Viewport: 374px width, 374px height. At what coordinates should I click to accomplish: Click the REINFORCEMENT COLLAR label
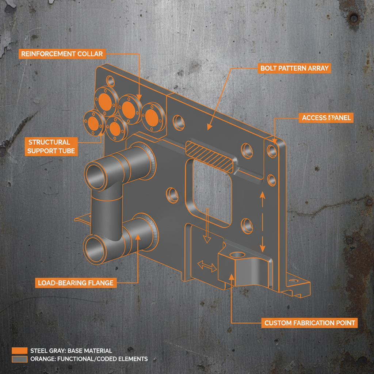pos(62,54)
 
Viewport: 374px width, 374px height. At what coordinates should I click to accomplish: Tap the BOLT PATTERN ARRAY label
pos(294,68)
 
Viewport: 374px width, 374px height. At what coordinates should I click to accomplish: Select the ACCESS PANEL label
pos(326,118)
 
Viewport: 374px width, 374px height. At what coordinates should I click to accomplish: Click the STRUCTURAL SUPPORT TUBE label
pos(51,146)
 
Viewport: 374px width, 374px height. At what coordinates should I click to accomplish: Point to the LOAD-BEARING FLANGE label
pos(76,283)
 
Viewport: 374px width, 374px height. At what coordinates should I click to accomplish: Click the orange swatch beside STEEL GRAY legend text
pos(20,351)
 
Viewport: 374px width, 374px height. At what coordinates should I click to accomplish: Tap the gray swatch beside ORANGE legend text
pos(20,359)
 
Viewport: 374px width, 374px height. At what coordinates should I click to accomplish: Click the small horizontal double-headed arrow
pos(207,267)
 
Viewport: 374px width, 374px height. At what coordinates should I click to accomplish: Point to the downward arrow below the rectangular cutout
pos(207,226)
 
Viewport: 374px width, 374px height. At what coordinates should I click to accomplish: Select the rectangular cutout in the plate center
pos(210,194)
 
